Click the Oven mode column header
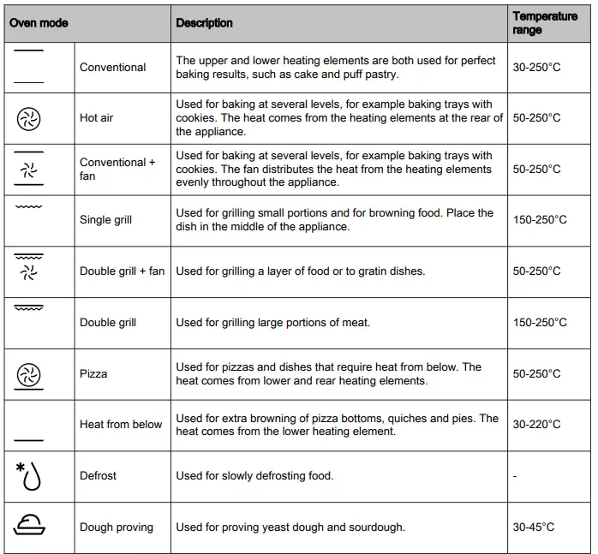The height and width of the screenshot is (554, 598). coord(39,23)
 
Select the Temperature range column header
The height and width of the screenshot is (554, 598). coord(545,23)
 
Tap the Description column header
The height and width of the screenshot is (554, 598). coord(205,23)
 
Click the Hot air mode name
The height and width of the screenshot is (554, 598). coord(97,117)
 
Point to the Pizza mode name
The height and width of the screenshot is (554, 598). coord(94,373)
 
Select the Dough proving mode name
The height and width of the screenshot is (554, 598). coord(117,527)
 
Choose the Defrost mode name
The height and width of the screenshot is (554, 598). coord(99,475)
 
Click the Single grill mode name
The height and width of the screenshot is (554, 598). coord(106,220)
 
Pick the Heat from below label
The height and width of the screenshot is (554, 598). coord(121,424)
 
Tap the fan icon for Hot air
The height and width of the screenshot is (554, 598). coord(29,118)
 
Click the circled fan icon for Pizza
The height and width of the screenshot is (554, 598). coord(29,374)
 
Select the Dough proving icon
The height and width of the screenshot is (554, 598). coord(29,526)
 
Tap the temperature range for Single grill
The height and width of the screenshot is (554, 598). coord(540,220)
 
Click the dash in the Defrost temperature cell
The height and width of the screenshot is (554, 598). coord(515,476)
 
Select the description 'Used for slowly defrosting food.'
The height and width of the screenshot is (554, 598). coord(254,475)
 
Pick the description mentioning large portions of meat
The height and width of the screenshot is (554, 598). coord(273,322)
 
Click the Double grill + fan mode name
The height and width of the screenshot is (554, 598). coord(123,271)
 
